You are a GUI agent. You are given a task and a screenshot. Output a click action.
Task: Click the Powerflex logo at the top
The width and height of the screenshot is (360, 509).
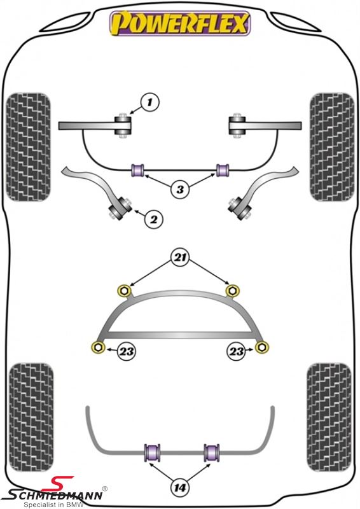(x=180, y=23)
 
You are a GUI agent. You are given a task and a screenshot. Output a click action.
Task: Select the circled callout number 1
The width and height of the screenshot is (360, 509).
(x=149, y=102)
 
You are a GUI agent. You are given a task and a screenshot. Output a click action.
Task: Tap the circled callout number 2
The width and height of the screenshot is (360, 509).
(x=153, y=220)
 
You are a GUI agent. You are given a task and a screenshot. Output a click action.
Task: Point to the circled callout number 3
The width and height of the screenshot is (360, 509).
(x=181, y=189)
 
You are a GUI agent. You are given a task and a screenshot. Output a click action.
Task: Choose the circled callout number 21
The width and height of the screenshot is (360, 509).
(x=181, y=258)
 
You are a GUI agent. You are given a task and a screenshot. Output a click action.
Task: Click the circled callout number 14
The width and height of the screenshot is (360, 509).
(x=180, y=487)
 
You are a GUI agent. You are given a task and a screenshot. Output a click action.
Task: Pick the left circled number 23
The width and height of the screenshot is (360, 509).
(x=126, y=351)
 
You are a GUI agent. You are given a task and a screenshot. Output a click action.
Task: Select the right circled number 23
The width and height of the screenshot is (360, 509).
(x=236, y=351)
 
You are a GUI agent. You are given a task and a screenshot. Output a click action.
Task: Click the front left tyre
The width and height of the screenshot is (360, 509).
(x=29, y=147)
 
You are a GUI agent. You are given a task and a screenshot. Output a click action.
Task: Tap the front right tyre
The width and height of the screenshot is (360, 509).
(x=331, y=147)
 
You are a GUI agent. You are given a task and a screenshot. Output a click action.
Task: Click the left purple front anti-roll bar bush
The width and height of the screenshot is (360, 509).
(x=138, y=170)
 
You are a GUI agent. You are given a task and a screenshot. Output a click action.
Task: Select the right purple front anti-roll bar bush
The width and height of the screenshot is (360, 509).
(x=223, y=170)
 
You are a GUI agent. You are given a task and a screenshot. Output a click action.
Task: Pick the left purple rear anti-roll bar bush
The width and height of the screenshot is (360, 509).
(x=152, y=452)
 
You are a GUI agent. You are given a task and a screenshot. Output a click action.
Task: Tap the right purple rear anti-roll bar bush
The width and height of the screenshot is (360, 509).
(x=212, y=452)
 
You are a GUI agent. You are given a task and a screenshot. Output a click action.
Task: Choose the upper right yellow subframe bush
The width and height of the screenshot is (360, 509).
(x=232, y=290)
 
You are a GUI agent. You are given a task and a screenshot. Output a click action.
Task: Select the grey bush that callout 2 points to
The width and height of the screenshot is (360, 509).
(x=120, y=208)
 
